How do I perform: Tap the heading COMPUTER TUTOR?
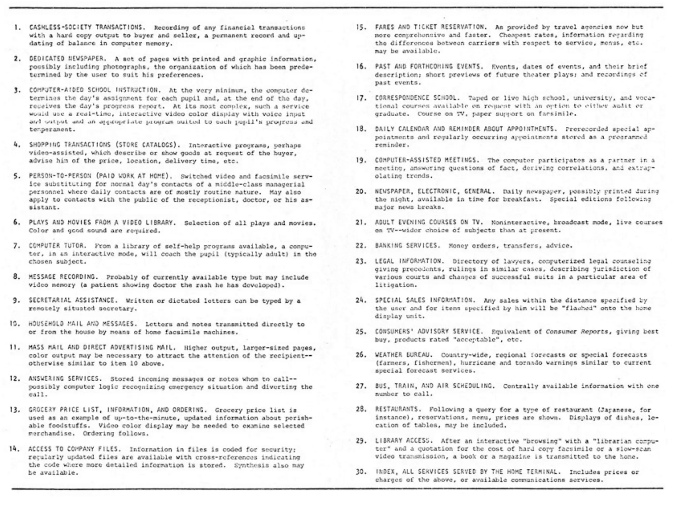tap(57, 246)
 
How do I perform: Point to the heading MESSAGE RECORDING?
tap(62, 277)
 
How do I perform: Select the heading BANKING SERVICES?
tap(407, 246)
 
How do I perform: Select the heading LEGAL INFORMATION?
tap(408, 261)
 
